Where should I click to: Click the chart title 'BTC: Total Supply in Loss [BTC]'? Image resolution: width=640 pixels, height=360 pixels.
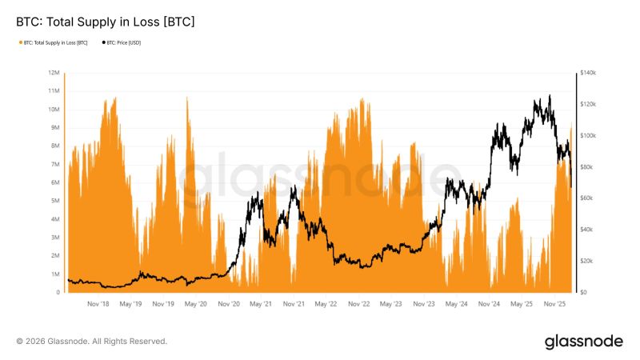click(106, 22)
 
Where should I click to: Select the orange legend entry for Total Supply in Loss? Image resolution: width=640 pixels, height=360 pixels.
click(53, 42)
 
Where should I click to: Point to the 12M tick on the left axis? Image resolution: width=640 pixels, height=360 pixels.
click(54, 73)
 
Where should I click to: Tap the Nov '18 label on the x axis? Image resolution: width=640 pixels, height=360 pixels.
click(98, 304)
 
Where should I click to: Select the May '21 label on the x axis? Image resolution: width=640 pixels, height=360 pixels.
click(261, 304)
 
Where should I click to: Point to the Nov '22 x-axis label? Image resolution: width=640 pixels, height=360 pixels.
click(359, 304)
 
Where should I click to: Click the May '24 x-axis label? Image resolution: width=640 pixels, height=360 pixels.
click(457, 304)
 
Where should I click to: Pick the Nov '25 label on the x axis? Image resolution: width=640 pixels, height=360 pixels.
click(555, 304)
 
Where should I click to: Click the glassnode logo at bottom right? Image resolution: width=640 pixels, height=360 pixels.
click(583, 342)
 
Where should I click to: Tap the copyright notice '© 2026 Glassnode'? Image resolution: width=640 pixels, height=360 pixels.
click(92, 342)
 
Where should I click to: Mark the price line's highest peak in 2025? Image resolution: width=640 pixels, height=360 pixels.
click(550, 95)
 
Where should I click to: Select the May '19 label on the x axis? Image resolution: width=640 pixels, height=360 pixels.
click(130, 304)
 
